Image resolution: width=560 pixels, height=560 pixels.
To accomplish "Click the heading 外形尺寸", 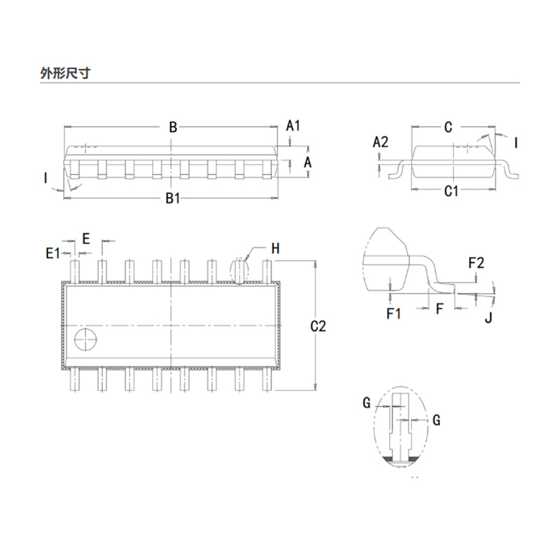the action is (65, 73).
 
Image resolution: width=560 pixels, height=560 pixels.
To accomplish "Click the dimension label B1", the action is (173, 199).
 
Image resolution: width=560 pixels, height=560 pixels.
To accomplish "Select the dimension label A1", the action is (293, 126).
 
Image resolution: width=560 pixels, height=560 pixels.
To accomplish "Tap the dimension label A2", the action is (380, 142).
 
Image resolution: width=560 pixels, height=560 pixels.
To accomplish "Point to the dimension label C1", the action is (451, 191).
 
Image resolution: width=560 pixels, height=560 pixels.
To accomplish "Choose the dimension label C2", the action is (318, 326).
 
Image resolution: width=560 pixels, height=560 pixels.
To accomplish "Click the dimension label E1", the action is (53, 253).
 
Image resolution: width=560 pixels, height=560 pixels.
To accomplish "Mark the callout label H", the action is (275, 248).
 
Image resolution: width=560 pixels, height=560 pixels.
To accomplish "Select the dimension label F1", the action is (393, 314).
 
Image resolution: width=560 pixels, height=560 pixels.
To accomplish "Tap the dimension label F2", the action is (476, 263).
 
